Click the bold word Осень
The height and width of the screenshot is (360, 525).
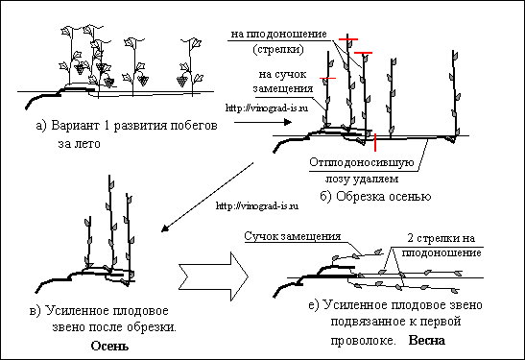[x=109, y=346]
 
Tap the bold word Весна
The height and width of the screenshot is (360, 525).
[x=427, y=340]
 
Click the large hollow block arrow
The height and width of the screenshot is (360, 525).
[x=214, y=276]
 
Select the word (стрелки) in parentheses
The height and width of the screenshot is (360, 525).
[x=278, y=49]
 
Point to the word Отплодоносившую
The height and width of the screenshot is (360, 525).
[x=362, y=162]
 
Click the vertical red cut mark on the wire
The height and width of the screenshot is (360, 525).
[x=375, y=142]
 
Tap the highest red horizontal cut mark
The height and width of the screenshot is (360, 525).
[x=348, y=39]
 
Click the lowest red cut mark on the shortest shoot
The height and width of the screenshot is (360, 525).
[x=327, y=78]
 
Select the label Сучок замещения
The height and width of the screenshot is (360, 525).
[x=293, y=236]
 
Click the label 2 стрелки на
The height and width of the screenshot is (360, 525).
[x=441, y=238]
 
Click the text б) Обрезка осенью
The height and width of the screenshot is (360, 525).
[x=375, y=196]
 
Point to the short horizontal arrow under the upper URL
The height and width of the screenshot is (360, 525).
[x=263, y=122]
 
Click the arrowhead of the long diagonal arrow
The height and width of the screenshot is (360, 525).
[x=164, y=228]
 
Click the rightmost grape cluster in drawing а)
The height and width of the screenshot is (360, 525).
[x=182, y=81]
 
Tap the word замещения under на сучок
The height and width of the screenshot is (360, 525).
[x=283, y=88]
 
